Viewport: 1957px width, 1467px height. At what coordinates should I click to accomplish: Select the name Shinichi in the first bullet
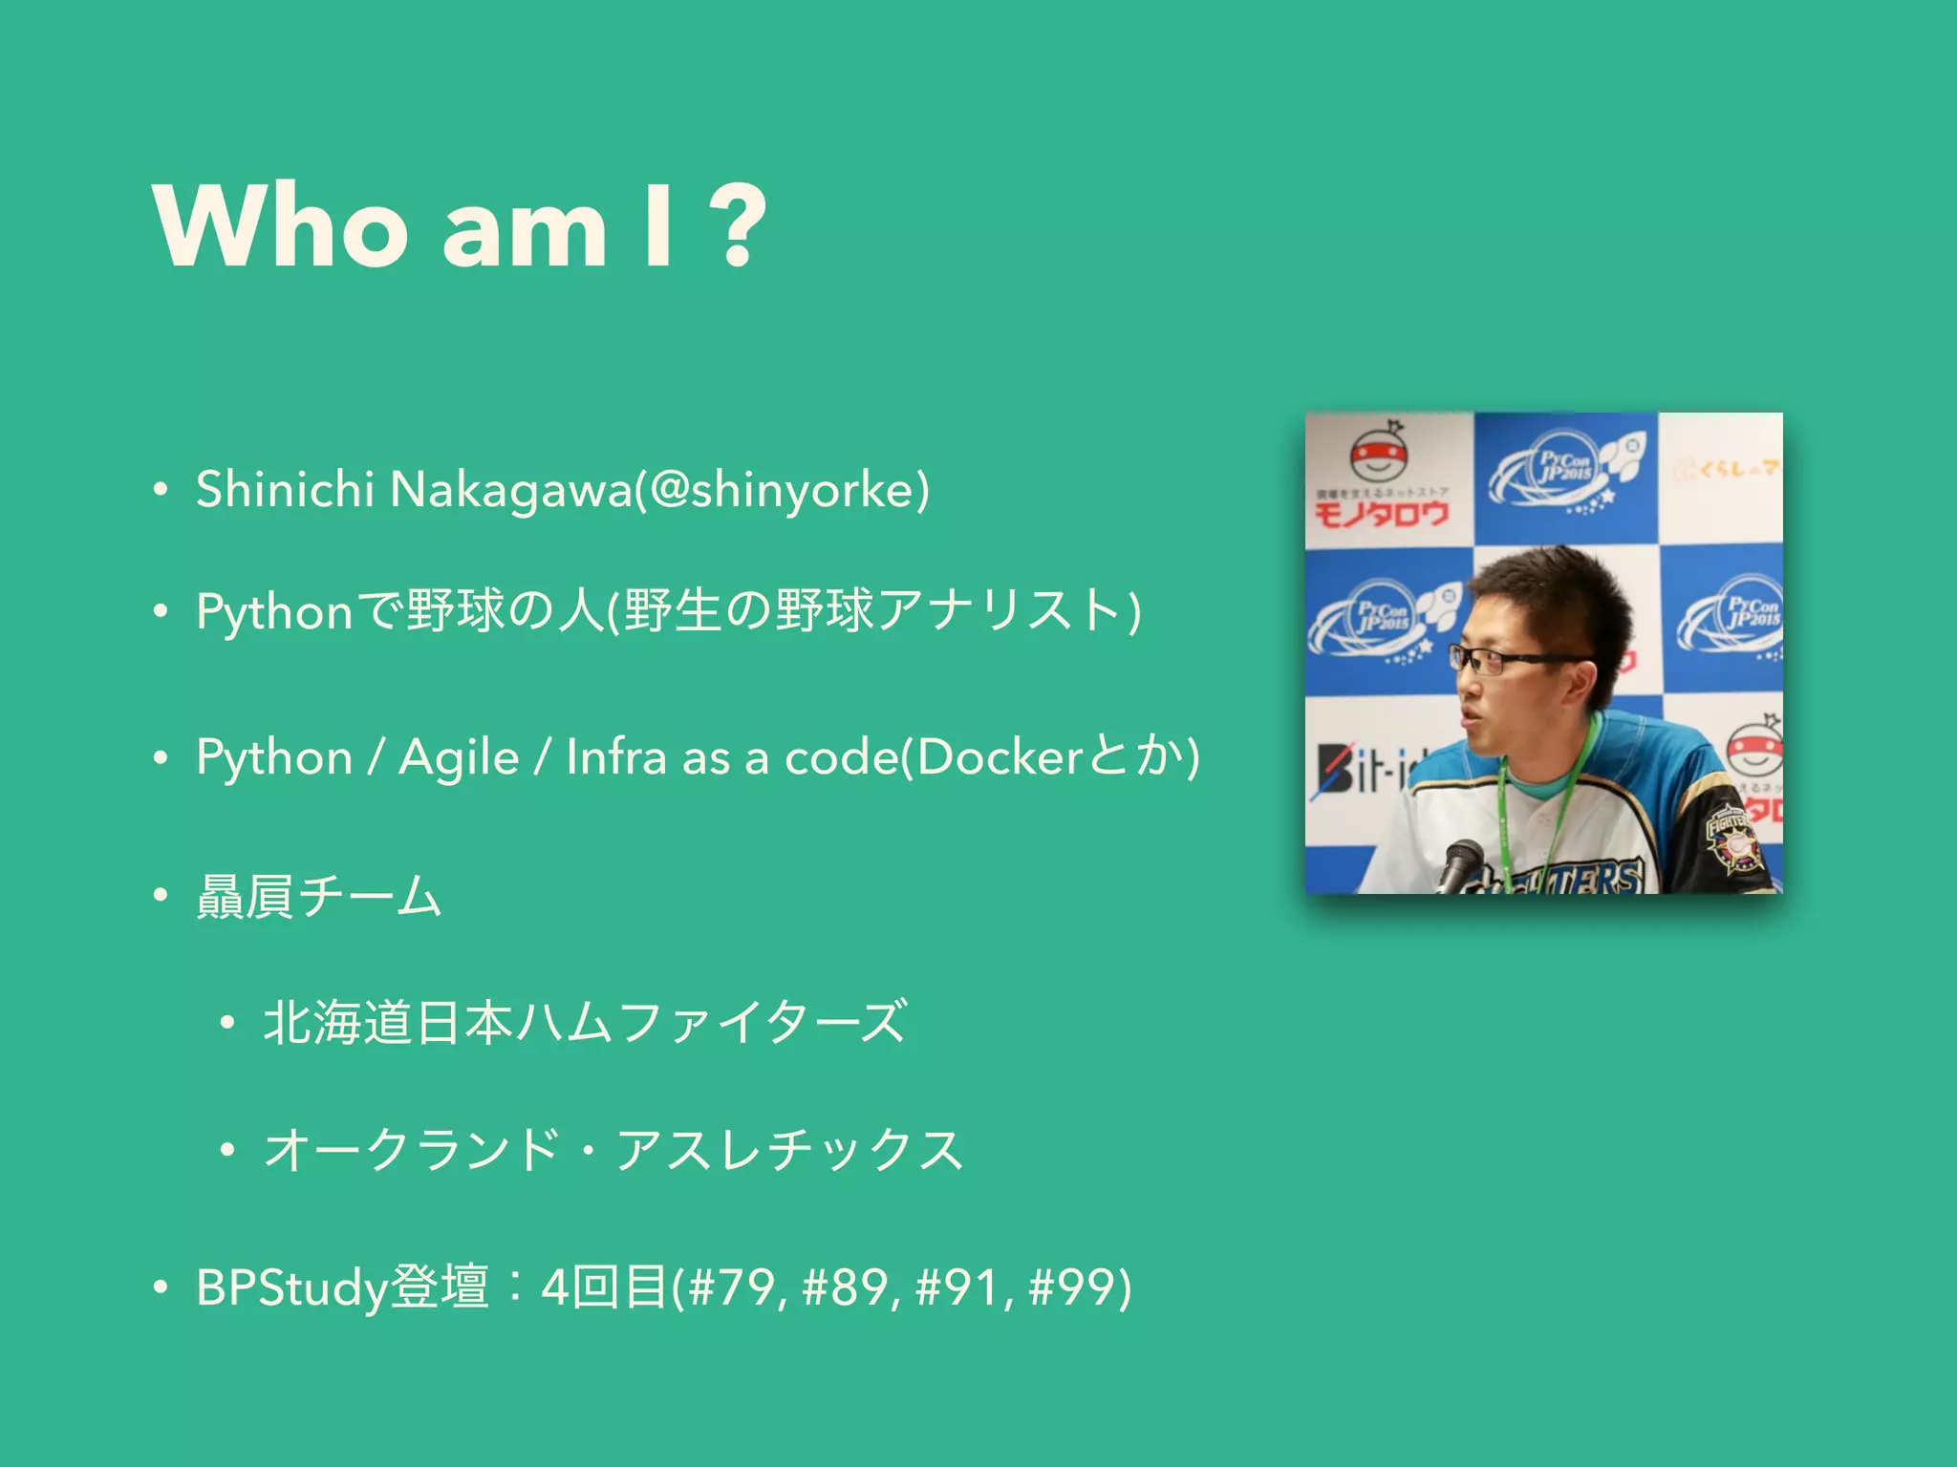pos(284,489)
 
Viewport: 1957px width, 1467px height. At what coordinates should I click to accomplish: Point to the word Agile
pos(459,758)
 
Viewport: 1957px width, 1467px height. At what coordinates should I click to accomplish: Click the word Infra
pos(615,756)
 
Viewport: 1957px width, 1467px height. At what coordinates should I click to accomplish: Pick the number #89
pos(849,1286)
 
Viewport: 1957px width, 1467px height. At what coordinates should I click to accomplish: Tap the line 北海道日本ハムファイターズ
pos(585,1022)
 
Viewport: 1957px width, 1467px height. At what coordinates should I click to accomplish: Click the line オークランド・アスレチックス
pos(613,1149)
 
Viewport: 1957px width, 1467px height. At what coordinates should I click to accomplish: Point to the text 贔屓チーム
pos(319,896)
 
